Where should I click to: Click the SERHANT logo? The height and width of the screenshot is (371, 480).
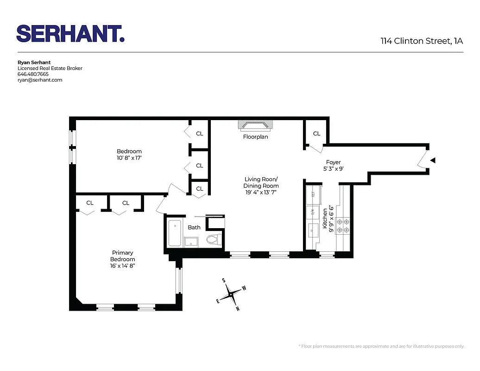[x=70, y=33]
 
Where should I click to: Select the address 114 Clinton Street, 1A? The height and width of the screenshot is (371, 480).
[x=422, y=41]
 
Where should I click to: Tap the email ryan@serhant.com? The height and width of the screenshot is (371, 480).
[x=40, y=80]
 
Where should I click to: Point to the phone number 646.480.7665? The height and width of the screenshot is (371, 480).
[x=33, y=74]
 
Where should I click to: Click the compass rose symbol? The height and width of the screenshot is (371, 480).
[x=231, y=294]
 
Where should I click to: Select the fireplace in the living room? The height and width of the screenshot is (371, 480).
[x=255, y=126]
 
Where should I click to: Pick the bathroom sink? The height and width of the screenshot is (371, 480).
[x=191, y=241]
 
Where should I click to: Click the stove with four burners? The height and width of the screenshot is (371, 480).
[x=343, y=225]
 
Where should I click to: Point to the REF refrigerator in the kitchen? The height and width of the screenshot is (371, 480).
[x=313, y=195]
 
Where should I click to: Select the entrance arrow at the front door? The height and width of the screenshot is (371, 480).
[x=433, y=160]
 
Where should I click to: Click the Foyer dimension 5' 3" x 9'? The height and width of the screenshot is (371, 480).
[x=333, y=169]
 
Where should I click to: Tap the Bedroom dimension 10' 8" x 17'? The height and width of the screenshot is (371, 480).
[x=129, y=158]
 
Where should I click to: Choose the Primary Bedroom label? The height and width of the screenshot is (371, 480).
[x=123, y=256]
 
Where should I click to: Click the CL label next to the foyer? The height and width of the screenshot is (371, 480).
[x=316, y=134]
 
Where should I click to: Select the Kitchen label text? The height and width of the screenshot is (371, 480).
[x=325, y=215]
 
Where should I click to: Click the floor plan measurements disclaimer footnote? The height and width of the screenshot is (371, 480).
[x=381, y=346]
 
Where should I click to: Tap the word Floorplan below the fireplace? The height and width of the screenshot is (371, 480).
[x=255, y=137]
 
